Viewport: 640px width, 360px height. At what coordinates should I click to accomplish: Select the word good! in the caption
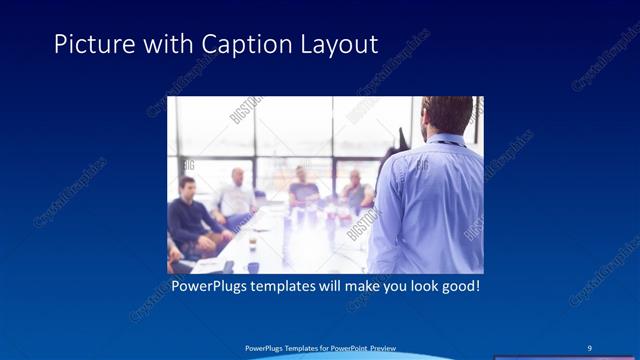[x=458, y=286]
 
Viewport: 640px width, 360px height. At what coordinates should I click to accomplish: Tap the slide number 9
[x=591, y=347]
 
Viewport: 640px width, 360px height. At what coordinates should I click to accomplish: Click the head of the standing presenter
[x=446, y=115]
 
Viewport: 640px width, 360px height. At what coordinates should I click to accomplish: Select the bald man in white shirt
[x=237, y=195]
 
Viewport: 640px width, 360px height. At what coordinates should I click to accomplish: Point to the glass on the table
[x=253, y=244]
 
